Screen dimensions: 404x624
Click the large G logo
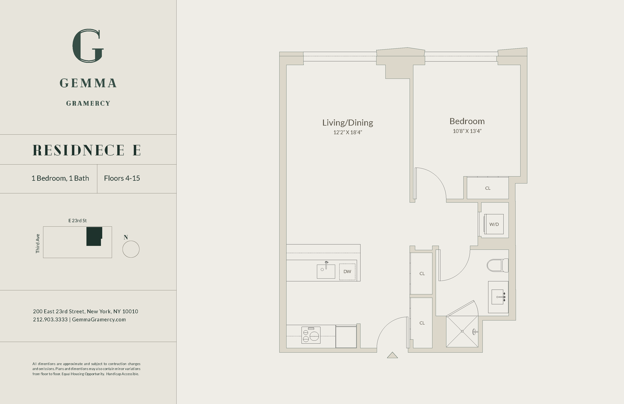(88, 46)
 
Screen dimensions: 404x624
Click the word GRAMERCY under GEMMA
(88, 103)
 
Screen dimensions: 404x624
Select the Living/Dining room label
(347, 122)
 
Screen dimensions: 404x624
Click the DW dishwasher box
(347, 272)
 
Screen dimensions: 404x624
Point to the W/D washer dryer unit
(494, 224)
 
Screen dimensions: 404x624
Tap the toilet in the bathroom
(497, 266)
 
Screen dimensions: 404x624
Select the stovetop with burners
(311, 335)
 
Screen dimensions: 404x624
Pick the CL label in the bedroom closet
(488, 188)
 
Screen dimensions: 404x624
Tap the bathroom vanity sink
(498, 297)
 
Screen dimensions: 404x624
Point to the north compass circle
(131, 249)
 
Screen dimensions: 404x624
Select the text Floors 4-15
(122, 178)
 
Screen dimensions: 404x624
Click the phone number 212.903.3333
(50, 320)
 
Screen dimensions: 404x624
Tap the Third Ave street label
(38, 244)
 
